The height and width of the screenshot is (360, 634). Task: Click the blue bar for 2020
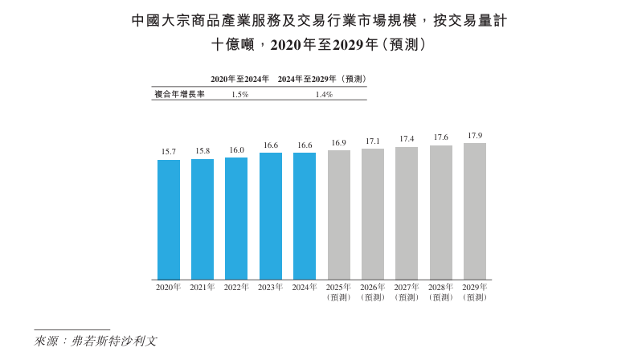tap(169, 219)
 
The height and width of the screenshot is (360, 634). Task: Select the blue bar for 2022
tap(236, 218)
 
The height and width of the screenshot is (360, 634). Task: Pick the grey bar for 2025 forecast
tap(338, 215)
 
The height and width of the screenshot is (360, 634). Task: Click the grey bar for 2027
tap(407, 213)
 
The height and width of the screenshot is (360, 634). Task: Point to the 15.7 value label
tap(169, 151)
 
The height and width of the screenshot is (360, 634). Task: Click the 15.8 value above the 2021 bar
tap(202, 150)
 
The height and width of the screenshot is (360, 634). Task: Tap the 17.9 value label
tap(475, 135)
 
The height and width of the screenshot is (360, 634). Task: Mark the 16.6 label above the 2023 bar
tap(271, 145)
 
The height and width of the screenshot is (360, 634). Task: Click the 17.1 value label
tap(373, 141)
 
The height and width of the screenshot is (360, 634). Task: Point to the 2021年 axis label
tap(202, 287)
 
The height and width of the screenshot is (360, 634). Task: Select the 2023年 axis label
tap(271, 287)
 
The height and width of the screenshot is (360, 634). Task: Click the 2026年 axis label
tap(373, 287)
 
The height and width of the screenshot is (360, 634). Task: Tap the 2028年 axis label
tap(441, 287)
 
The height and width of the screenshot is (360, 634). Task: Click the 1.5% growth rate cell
tap(239, 94)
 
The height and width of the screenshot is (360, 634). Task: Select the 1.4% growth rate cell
tap(324, 94)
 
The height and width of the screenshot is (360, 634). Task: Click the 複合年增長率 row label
tap(179, 94)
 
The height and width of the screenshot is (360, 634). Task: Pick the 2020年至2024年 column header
tap(239, 79)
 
